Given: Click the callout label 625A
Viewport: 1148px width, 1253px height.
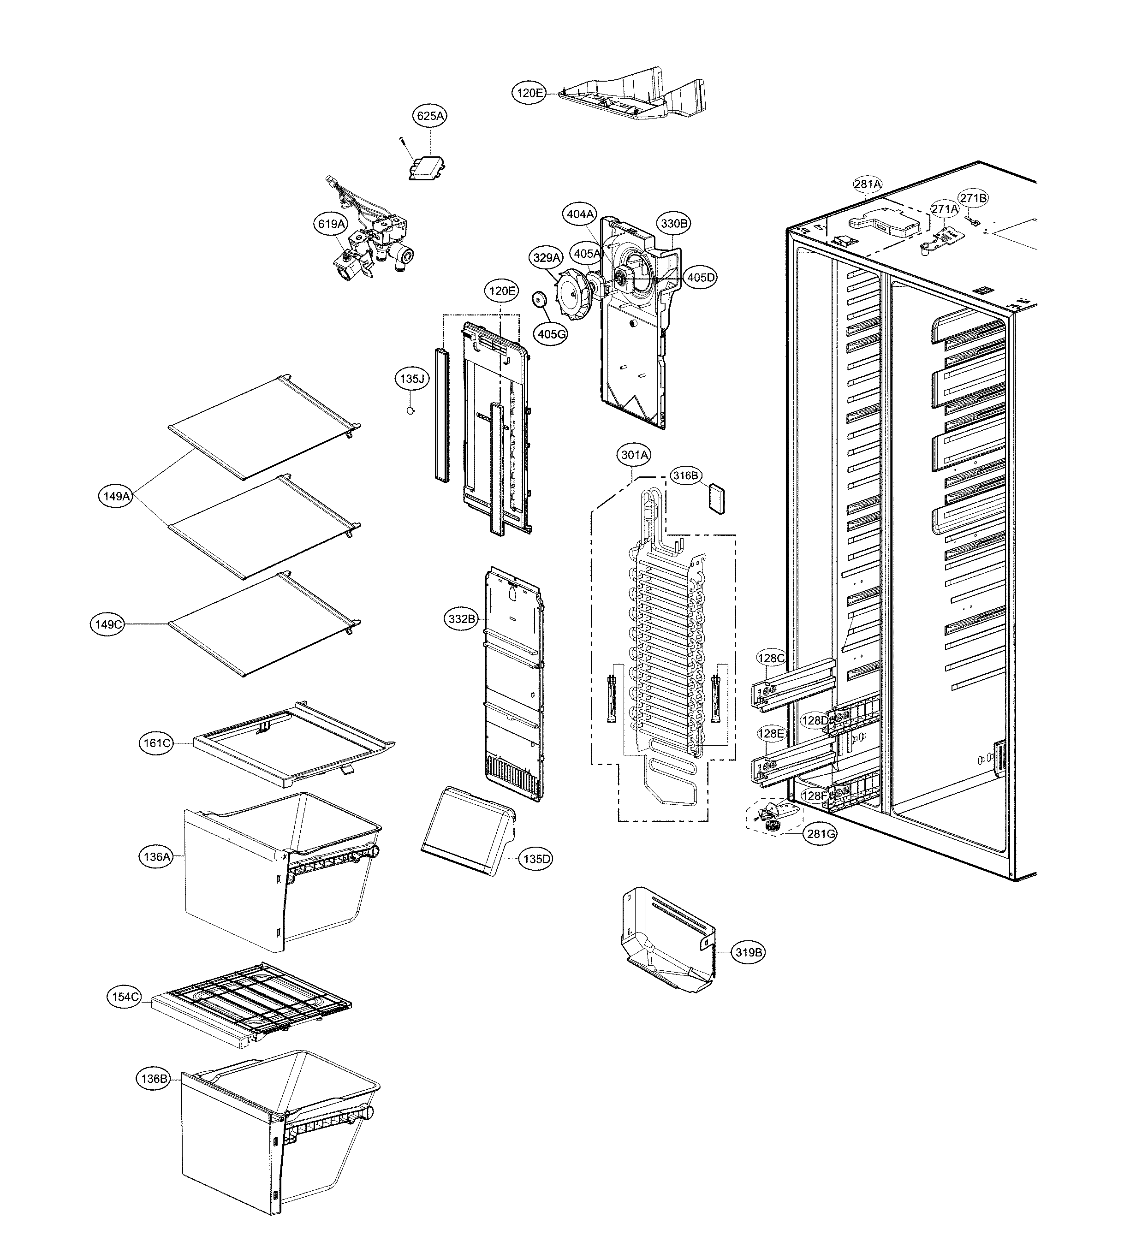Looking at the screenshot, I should point(431,116).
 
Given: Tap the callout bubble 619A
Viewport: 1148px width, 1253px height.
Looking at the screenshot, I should point(331,224).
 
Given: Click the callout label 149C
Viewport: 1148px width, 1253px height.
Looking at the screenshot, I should point(107,624).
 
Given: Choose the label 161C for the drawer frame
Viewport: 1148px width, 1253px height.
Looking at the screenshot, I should point(157,743).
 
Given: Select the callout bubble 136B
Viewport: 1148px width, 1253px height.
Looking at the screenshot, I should point(154,1078).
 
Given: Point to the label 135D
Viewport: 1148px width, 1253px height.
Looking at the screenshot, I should point(536,859).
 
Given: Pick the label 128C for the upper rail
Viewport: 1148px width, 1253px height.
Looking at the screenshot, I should point(771,658).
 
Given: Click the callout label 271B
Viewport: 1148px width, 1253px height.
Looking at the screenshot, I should point(973,198).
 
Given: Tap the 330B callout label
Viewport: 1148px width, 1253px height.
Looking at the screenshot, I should point(674,223).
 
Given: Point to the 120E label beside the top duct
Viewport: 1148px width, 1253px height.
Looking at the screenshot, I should point(529,93).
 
